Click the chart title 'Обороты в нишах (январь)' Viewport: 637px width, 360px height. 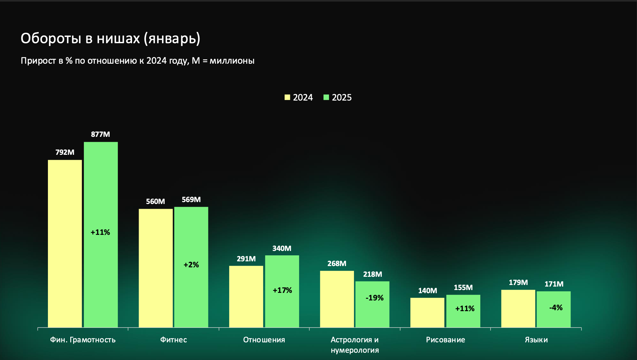click(110, 38)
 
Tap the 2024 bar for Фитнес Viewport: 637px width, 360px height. click(156, 268)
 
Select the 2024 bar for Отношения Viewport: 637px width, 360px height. click(246, 296)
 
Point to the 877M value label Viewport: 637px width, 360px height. click(101, 134)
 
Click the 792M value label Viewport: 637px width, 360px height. click(65, 152)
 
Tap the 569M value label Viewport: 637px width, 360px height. click(191, 200)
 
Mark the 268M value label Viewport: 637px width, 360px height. click(337, 264)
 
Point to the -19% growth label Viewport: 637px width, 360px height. click(374, 298)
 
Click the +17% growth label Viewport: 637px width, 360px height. click(282, 290)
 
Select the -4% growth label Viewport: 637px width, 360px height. click(556, 308)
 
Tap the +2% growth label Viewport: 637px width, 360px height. click(191, 265)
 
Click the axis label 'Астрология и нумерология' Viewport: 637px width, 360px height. click(355, 345)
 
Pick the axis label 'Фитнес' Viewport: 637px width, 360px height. click(173, 340)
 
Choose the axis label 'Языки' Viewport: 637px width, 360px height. click(536, 340)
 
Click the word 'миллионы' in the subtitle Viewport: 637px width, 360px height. click(232, 61)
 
